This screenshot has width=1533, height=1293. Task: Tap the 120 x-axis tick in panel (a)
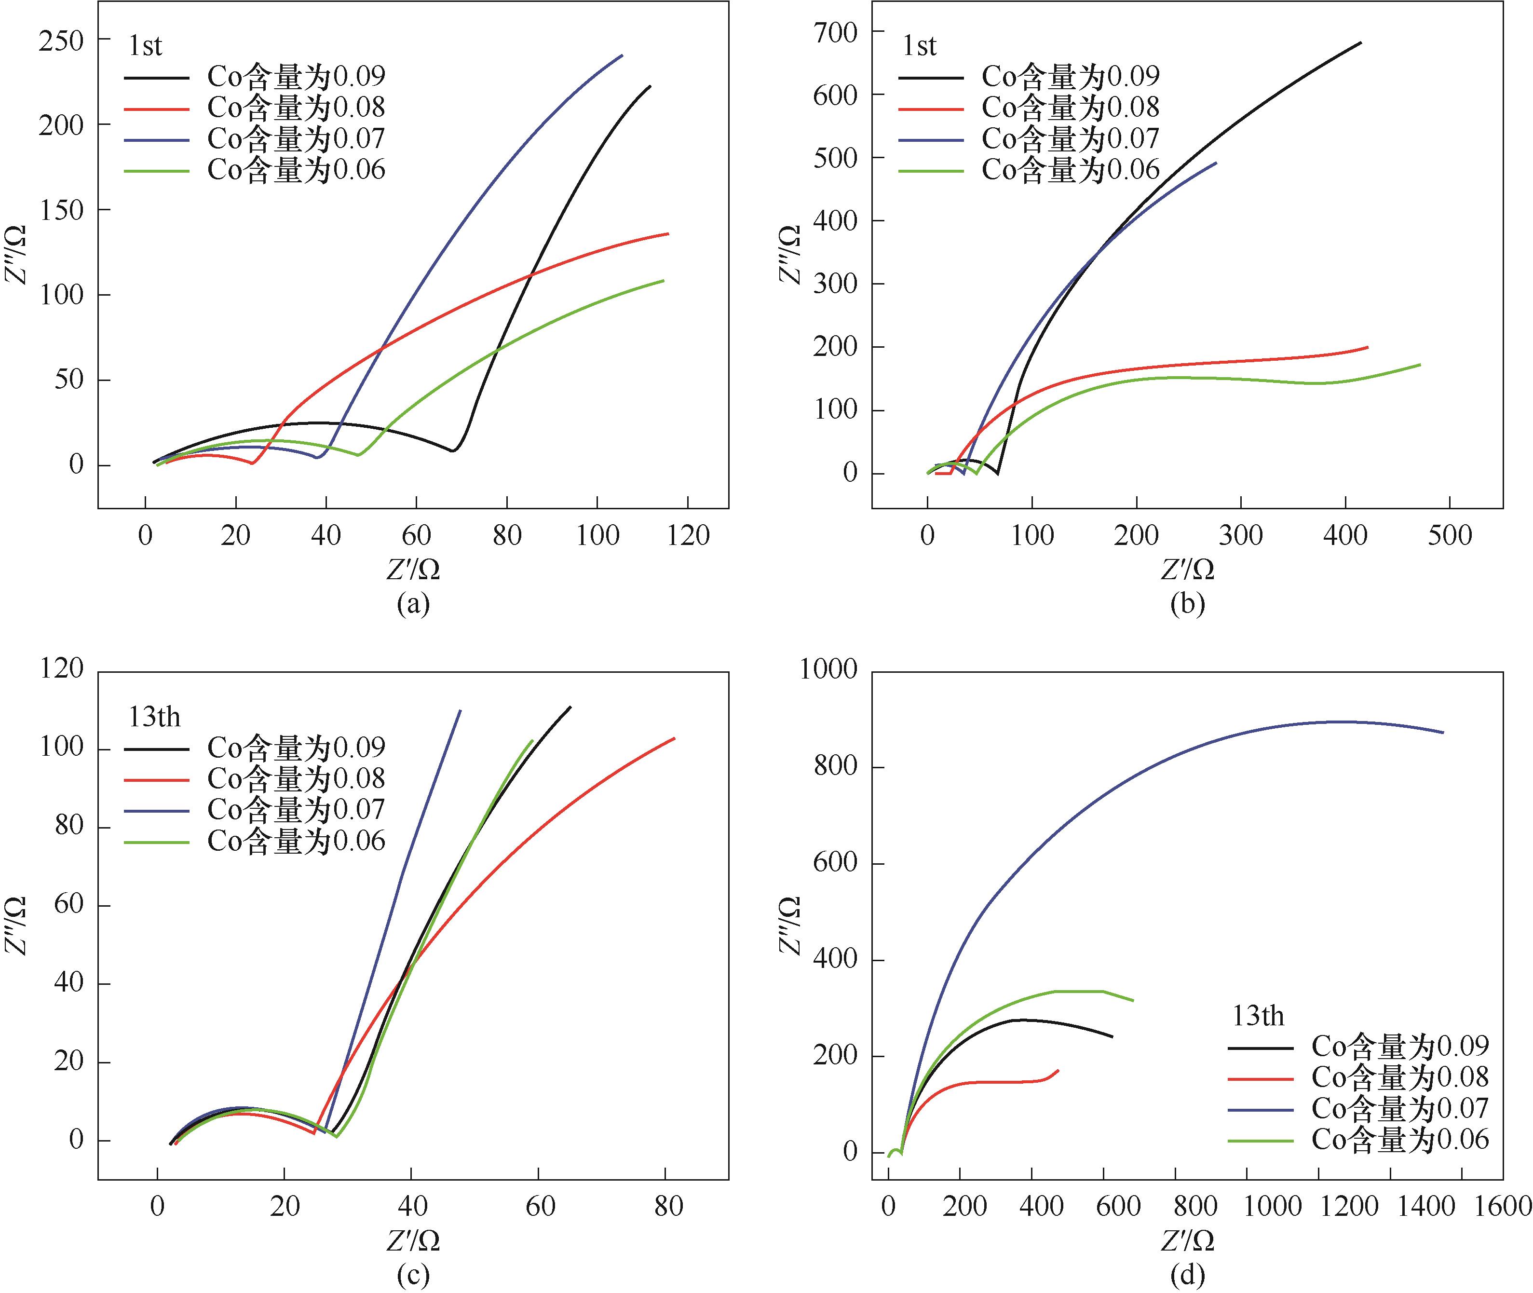(x=688, y=536)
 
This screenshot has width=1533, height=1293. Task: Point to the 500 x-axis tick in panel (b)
(x=1450, y=536)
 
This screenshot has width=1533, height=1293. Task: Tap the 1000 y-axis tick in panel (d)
(x=829, y=669)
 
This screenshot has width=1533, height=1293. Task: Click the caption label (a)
(x=413, y=603)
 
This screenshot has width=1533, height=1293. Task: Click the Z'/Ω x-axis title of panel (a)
(x=413, y=569)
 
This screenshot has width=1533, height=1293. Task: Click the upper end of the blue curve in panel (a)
(x=622, y=55)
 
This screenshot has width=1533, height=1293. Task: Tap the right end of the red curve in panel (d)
(x=1058, y=1070)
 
